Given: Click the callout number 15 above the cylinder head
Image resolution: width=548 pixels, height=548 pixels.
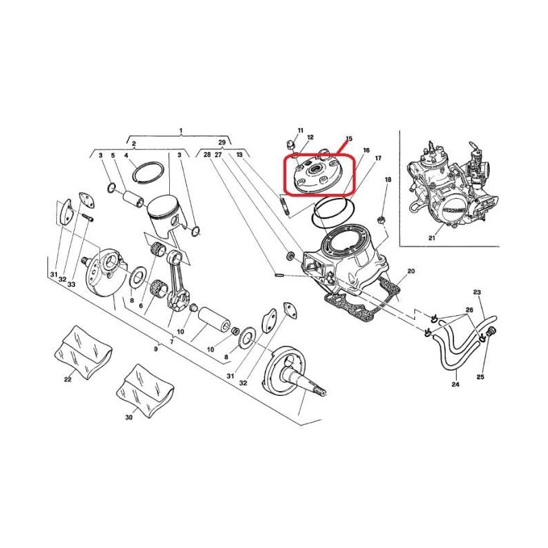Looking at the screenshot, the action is click(349, 139).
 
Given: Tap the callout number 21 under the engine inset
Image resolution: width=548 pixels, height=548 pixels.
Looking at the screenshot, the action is click(432, 238).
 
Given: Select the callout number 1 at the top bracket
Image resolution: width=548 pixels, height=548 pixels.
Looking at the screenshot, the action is click(181, 131).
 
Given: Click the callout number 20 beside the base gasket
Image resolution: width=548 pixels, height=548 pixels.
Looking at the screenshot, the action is click(411, 271).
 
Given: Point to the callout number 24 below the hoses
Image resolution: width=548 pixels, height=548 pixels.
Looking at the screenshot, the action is click(456, 384).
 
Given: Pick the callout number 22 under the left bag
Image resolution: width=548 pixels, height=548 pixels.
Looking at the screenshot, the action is click(68, 379).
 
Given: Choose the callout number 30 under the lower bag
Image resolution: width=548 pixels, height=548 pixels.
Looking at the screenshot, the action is click(129, 417).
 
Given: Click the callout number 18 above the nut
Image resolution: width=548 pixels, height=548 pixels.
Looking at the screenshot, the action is click(388, 179).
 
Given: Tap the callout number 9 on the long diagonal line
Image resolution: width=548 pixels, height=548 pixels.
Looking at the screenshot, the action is click(156, 349).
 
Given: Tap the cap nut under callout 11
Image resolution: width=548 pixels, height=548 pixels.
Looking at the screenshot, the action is click(290, 143).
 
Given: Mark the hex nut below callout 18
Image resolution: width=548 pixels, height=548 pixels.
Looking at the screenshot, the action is click(382, 220).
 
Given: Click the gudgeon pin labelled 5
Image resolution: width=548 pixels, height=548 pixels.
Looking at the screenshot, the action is click(133, 198).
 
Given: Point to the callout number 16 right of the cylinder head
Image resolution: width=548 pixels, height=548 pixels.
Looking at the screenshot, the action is click(366, 151).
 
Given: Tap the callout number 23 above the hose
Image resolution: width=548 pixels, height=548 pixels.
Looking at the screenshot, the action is click(477, 292).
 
